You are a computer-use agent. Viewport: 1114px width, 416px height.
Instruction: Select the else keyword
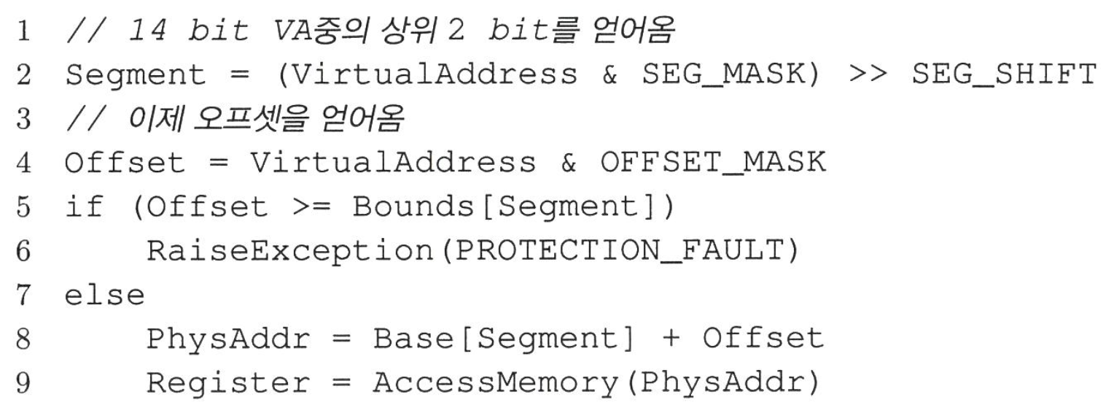pyautogui.click(x=104, y=296)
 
